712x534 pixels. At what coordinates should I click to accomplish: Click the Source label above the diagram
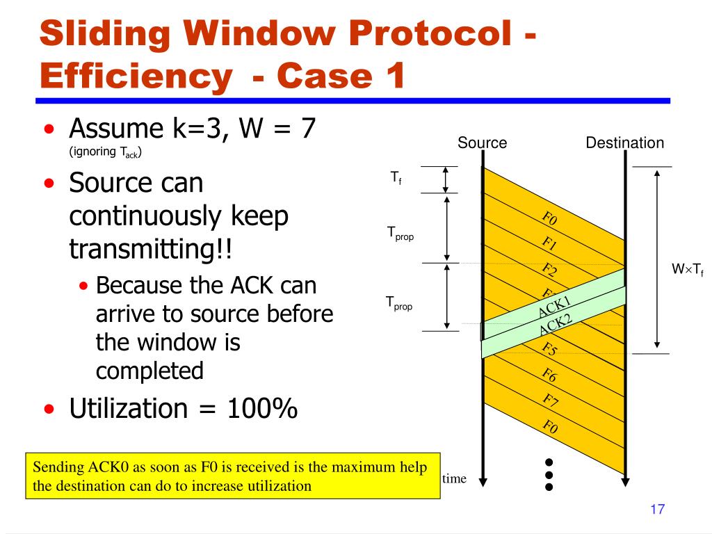click(482, 143)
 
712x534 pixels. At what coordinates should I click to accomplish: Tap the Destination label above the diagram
click(624, 143)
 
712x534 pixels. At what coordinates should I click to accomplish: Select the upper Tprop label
click(400, 234)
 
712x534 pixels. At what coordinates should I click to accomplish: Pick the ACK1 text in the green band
click(555, 307)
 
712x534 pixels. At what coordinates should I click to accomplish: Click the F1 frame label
click(549, 245)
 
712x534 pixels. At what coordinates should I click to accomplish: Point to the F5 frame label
click(549, 349)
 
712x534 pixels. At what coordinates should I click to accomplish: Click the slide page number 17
click(657, 510)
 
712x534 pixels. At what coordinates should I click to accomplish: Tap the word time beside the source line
click(454, 478)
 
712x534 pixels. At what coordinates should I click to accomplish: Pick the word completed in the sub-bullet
click(149, 371)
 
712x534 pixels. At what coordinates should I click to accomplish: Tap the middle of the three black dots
click(549, 475)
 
